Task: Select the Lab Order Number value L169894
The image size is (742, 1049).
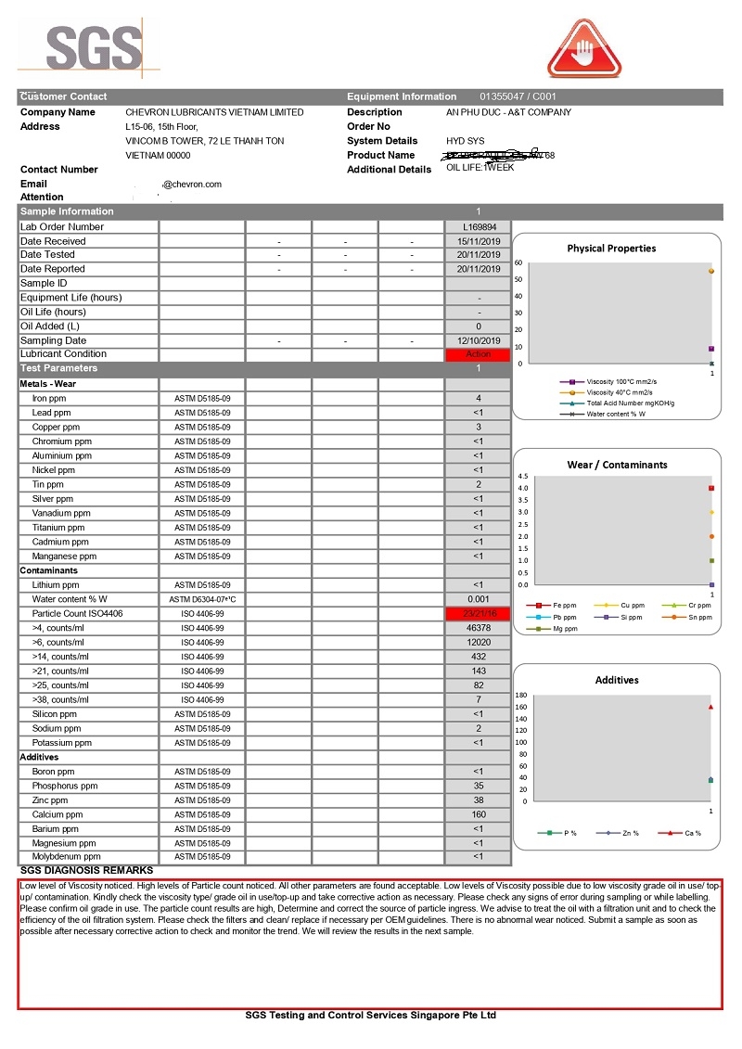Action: [478, 226]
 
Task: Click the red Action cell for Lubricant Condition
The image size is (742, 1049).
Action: [478, 354]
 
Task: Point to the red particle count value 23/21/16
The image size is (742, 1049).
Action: [478, 614]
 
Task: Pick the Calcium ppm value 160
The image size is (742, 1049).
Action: [478, 814]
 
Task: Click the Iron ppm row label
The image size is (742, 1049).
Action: [51, 398]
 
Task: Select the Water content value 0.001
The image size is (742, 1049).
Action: [478, 599]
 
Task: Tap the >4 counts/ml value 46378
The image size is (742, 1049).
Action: [478, 628]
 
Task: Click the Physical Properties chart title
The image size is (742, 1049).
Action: [611, 248]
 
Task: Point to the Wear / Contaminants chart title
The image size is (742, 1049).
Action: [617, 465]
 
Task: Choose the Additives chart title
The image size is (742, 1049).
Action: [617, 680]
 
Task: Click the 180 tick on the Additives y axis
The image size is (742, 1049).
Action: [520, 695]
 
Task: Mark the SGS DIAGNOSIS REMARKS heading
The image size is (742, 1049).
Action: [86, 870]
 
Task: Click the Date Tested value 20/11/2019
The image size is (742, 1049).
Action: [478, 255]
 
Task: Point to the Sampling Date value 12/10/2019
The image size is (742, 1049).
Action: [478, 340]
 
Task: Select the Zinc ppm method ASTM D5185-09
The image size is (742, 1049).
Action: [202, 800]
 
